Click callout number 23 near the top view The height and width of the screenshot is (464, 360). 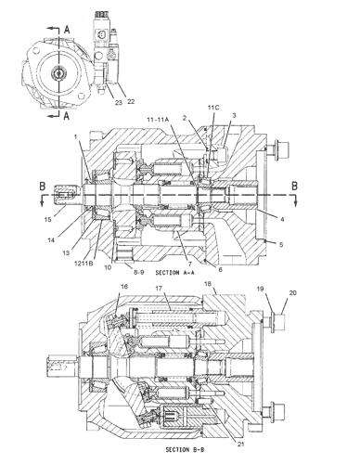[x=119, y=102]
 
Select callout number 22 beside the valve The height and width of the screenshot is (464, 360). [x=131, y=101]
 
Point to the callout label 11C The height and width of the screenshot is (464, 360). [x=213, y=108]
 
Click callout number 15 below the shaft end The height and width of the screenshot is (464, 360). [x=47, y=219]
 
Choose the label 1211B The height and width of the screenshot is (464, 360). [x=85, y=264]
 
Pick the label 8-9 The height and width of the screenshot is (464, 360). [x=139, y=273]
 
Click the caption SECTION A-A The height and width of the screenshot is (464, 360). [x=176, y=273]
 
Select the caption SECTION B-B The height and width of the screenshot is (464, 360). [x=185, y=449]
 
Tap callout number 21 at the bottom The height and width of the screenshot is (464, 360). [x=241, y=444]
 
